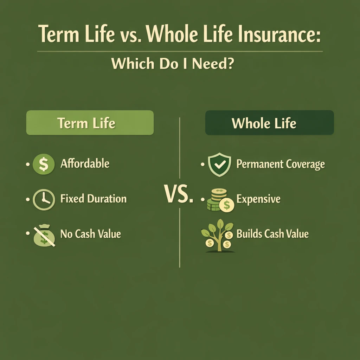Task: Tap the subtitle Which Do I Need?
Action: click(172, 64)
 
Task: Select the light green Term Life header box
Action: click(90, 123)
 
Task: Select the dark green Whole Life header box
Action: click(269, 123)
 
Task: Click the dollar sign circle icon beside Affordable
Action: click(43, 164)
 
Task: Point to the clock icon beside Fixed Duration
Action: click(43, 199)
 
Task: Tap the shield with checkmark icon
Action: click(219, 164)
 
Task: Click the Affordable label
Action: click(85, 163)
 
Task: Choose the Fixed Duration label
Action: click(93, 199)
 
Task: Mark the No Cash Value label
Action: click(90, 234)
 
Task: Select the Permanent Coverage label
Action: click(281, 164)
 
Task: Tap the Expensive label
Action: click(258, 199)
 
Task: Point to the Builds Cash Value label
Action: click(272, 234)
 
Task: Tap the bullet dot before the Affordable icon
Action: click(28, 164)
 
